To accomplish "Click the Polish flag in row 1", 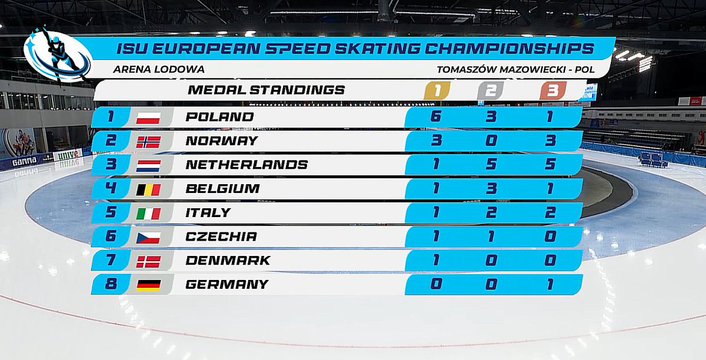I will [148, 117].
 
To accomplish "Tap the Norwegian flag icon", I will [148, 141].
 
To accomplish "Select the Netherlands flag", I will [148, 165].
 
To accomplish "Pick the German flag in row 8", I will [148, 285].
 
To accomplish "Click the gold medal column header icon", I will [436, 91].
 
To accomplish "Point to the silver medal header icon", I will [491, 91].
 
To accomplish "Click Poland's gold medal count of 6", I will [435, 116].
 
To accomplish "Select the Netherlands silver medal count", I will [491, 165].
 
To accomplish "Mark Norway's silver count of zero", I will [491, 141].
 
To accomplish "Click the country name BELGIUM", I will [222, 189].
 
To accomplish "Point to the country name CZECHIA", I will [221, 236].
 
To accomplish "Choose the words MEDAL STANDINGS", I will [266, 90].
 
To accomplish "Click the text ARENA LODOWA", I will [158, 69].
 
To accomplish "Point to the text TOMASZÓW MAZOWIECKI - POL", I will [515, 69].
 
